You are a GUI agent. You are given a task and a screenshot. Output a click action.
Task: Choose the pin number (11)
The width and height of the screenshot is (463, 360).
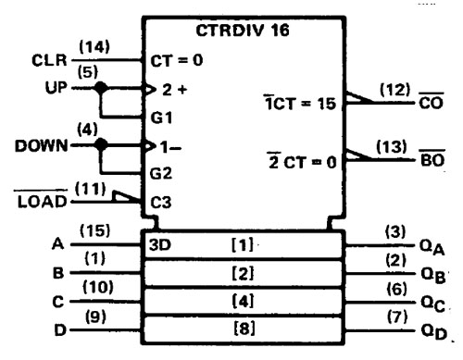[x=92, y=187]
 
